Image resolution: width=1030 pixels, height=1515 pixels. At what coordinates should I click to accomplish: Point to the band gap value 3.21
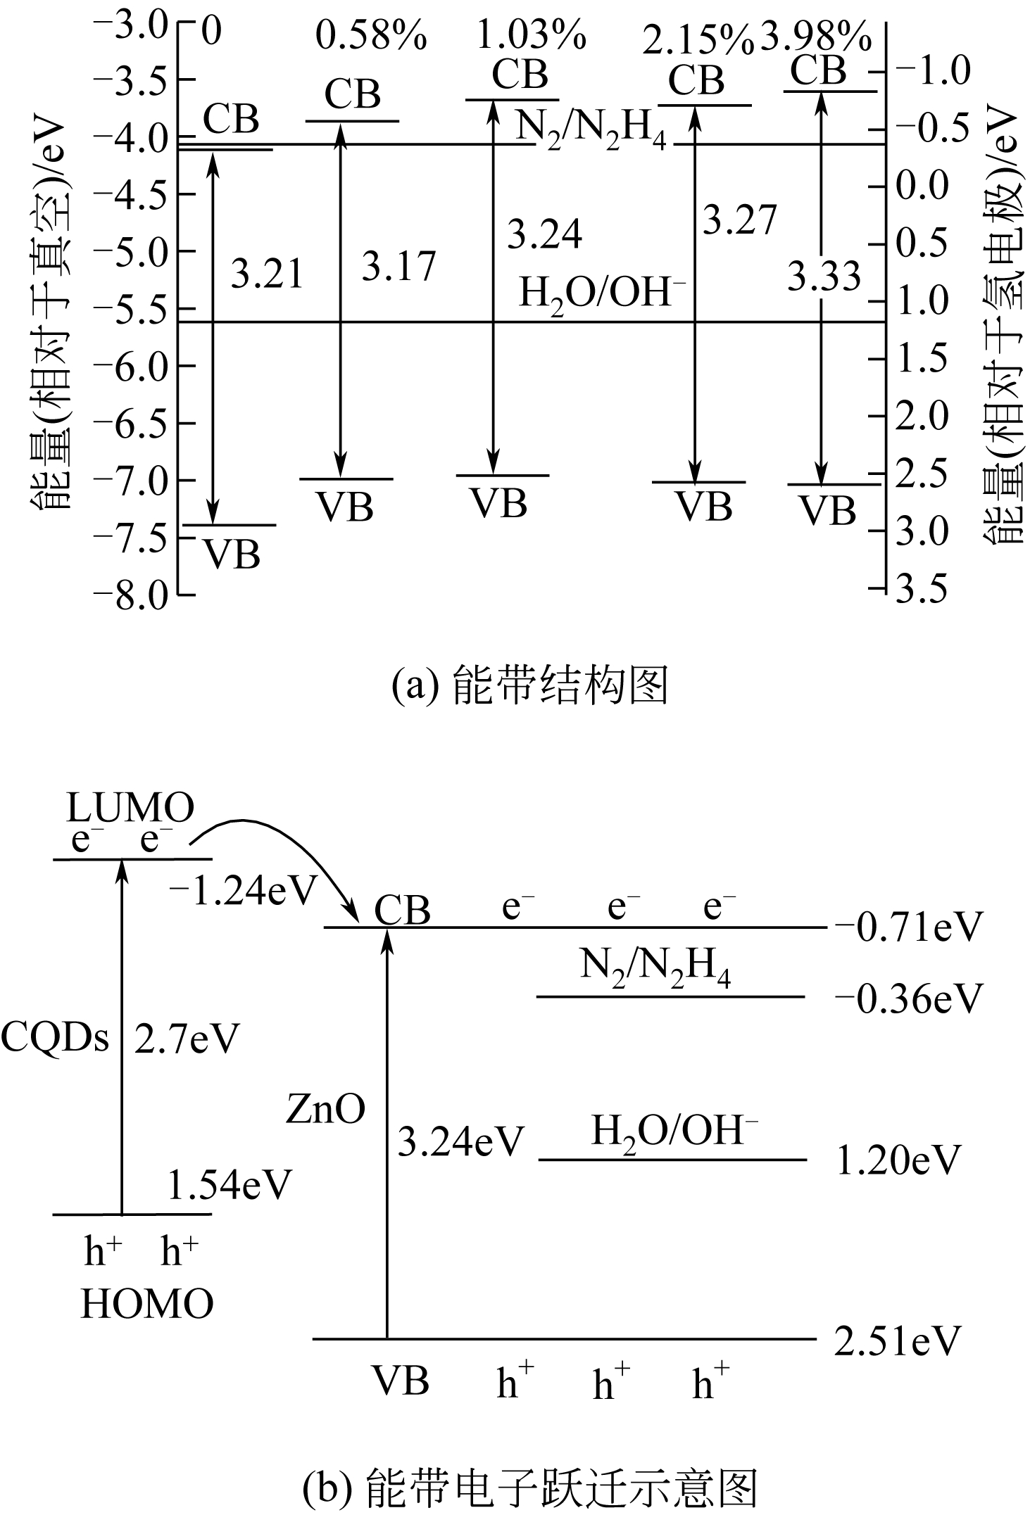tap(268, 274)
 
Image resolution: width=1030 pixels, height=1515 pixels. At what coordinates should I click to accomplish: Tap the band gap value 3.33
tap(824, 276)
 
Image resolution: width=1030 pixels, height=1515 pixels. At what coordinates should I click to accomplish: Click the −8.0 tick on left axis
tap(134, 595)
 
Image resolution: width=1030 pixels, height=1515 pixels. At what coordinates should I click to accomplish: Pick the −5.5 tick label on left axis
tap(134, 308)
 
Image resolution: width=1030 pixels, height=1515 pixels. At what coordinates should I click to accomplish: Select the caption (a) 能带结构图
tap(529, 686)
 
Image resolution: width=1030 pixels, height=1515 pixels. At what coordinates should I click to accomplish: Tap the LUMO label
tap(131, 809)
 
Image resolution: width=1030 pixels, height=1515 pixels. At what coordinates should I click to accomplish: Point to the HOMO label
tap(147, 1304)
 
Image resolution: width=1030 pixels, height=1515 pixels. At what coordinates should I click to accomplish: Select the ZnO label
tap(326, 1110)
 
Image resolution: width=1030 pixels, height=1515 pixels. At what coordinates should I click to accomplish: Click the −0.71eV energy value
tap(908, 927)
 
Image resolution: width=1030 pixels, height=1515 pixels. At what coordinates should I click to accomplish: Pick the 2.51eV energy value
tap(898, 1342)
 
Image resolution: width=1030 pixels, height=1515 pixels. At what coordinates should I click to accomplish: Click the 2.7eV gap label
tap(187, 1039)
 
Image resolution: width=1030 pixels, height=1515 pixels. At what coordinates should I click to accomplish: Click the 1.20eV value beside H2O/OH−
tap(898, 1160)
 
